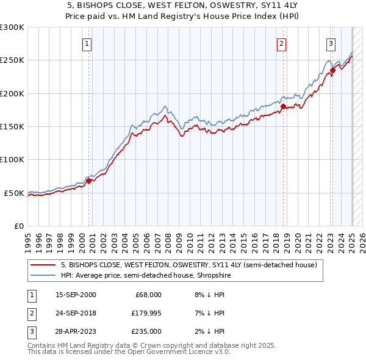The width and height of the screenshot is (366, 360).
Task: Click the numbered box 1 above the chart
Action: (88, 43)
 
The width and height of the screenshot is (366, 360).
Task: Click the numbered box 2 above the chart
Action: (281, 43)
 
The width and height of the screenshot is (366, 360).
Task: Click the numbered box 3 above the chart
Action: (331, 43)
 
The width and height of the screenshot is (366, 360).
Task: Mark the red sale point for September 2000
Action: (88, 181)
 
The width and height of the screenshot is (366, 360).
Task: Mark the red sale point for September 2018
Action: (283, 106)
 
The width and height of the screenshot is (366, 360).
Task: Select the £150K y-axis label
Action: (12, 127)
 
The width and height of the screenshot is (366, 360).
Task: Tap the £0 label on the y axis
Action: (18, 226)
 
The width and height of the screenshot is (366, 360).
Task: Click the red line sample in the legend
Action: (43, 265)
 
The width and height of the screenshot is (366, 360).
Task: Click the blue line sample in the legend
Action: (43, 276)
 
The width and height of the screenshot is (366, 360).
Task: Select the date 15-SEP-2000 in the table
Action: (76, 295)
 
